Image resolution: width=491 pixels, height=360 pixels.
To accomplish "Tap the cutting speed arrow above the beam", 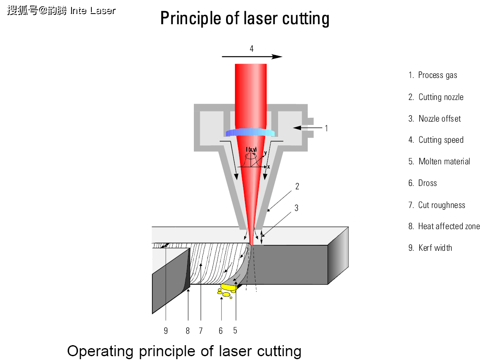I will point(252,56).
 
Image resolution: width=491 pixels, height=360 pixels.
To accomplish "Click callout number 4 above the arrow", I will point(251,49).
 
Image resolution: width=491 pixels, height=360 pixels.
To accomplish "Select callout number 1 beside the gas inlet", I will point(326,128).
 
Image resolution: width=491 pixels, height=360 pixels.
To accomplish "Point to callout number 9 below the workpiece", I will point(166,331).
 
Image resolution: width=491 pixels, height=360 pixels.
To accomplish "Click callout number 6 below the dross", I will point(221,331).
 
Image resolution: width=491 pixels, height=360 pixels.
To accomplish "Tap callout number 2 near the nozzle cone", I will point(297,186).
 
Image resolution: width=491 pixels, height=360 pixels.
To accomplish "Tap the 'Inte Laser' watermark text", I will point(93,11).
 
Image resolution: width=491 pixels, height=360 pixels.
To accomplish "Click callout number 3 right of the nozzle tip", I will point(296,208).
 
